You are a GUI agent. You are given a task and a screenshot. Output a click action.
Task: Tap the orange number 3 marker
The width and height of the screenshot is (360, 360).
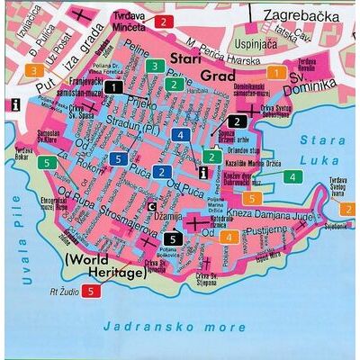[33, 69]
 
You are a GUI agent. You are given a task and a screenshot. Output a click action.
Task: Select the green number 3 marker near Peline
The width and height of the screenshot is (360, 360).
[155, 66]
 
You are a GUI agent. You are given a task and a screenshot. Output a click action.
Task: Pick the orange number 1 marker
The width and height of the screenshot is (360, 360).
[276, 72]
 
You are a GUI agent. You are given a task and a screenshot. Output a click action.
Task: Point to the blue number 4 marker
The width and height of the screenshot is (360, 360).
[181, 136]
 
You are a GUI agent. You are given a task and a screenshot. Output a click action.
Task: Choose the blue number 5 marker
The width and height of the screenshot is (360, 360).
[118, 159]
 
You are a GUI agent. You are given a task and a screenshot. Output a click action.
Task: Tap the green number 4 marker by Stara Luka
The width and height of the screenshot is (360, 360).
[292, 176]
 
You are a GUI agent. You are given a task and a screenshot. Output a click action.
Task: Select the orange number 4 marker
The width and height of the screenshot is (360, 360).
[230, 237]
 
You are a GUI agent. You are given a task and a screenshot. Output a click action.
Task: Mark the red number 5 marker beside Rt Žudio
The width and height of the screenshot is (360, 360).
[90, 290]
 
